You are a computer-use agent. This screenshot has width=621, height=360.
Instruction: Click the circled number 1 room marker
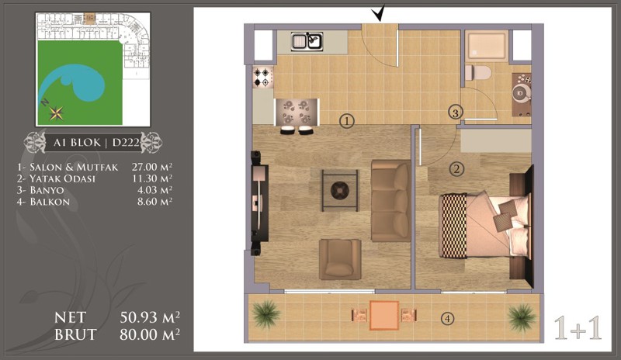click(x=346, y=121)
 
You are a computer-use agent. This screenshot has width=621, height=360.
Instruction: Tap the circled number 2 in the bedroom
click(x=456, y=169)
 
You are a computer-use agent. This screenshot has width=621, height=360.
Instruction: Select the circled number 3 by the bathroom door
click(x=456, y=112)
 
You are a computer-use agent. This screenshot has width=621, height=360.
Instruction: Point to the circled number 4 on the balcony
click(x=448, y=318)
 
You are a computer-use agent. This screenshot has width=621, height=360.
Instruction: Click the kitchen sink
click(x=307, y=42)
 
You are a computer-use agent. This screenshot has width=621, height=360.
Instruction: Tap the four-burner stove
click(x=263, y=78)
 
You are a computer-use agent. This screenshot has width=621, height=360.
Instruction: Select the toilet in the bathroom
click(x=478, y=73)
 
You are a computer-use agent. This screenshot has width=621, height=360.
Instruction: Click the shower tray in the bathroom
click(x=487, y=46)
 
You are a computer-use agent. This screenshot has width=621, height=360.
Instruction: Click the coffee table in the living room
click(x=340, y=191)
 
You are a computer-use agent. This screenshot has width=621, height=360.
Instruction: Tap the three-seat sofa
click(x=391, y=201)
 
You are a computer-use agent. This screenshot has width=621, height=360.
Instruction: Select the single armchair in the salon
click(x=340, y=259)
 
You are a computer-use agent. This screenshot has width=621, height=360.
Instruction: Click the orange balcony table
click(x=384, y=315)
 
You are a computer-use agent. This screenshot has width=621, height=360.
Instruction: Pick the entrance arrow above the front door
click(x=379, y=14)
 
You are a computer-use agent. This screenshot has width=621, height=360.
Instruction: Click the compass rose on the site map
click(x=56, y=113)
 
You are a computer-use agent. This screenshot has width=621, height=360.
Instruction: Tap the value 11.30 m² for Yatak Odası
click(x=152, y=178)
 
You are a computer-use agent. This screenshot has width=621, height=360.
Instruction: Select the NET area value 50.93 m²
click(x=150, y=317)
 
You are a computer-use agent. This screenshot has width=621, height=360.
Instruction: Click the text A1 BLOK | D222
click(x=96, y=142)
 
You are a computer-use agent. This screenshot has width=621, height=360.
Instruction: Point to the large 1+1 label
click(x=578, y=328)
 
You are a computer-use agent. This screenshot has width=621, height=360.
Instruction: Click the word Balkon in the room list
click(x=50, y=202)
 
